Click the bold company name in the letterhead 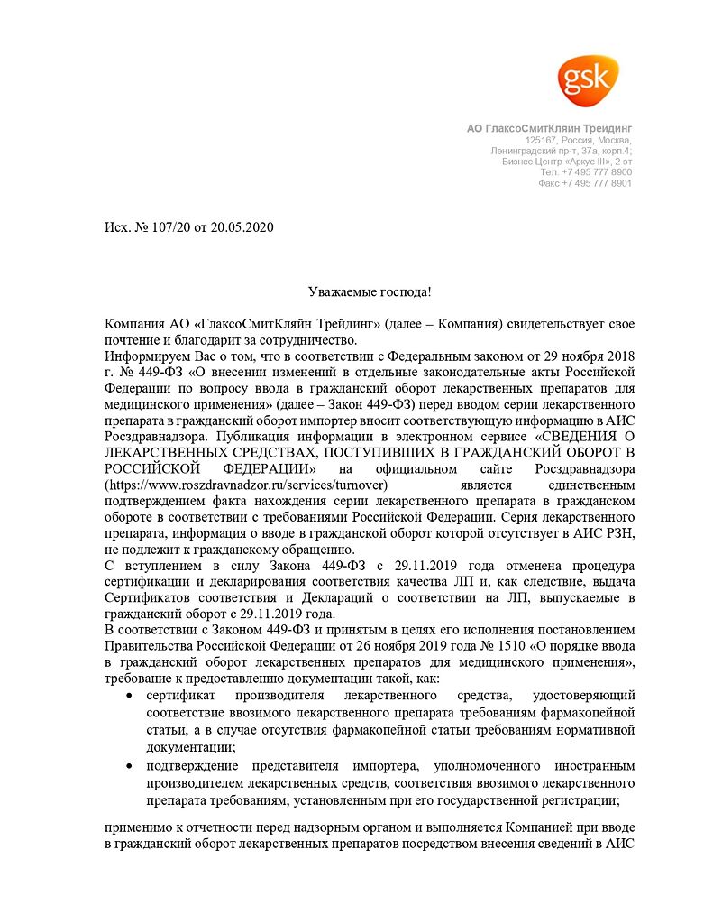coord(549,129)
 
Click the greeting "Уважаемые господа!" coord(356,291)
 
